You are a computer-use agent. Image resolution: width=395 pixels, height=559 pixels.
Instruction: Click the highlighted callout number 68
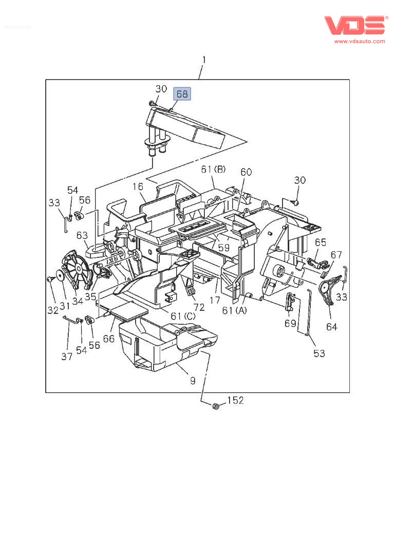coord(182,94)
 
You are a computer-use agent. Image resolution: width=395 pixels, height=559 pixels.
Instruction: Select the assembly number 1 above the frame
coord(204,60)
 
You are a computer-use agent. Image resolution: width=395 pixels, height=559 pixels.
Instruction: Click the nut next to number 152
coord(216,406)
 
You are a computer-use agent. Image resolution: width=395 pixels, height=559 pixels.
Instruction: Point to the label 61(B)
coord(213,170)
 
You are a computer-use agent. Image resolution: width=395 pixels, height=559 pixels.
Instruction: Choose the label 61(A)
coord(235,310)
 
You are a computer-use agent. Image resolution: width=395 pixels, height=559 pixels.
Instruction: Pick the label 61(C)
coord(183,315)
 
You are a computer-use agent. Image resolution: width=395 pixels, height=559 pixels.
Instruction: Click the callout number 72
coord(198,307)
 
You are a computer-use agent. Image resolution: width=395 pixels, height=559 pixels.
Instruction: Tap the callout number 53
coord(319,353)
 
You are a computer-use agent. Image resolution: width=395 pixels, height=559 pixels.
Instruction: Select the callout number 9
coord(192,381)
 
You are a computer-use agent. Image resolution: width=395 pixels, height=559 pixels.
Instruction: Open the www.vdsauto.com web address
coord(360,41)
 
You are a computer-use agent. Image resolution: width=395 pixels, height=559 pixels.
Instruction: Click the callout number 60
coord(246,172)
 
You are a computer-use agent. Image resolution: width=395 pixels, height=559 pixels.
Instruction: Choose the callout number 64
coord(332,326)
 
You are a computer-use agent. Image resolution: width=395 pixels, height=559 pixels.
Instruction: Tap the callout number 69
coord(290,323)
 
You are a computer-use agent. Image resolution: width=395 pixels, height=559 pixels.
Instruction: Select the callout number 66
coord(108,339)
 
